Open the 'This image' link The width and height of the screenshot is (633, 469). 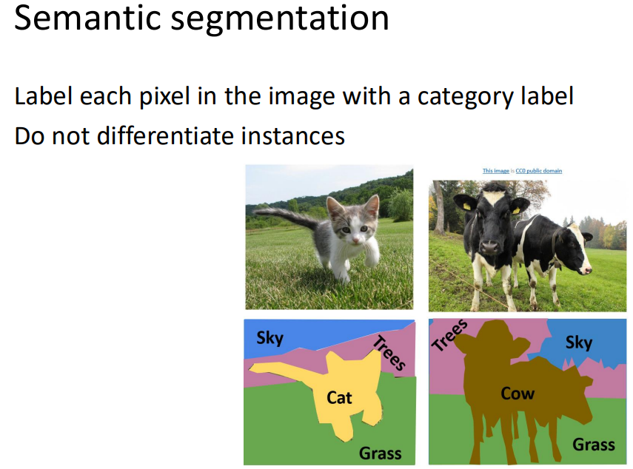(495, 171)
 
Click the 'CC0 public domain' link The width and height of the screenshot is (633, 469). (539, 171)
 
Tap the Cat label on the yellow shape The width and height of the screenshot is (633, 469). (339, 398)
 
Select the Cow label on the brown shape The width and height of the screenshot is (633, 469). (518, 394)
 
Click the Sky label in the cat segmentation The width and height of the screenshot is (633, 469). (269, 338)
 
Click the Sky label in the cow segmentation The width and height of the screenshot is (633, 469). (578, 343)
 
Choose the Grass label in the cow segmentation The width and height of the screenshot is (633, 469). (593, 444)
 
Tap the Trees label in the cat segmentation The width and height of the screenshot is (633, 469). (389, 353)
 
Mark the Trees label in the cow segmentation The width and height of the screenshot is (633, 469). (450, 335)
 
